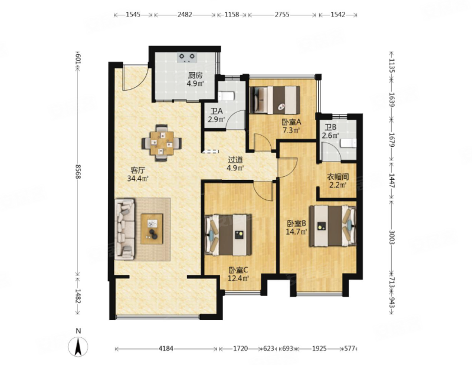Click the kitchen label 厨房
click(x=195, y=75)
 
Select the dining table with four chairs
click(x=162, y=143)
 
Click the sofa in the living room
click(x=124, y=228)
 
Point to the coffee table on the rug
click(x=152, y=229)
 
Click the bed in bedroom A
click(x=274, y=100)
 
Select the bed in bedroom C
click(x=228, y=235)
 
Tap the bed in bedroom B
click(x=333, y=226)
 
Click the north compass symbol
click(x=78, y=346)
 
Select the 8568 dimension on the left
click(x=78, y=172)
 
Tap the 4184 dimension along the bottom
click(x=166, y=348)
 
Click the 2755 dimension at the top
click(x=282, y=14)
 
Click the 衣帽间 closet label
click(x=337, y=177)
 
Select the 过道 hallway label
click(x=235, y=160)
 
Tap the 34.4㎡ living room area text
click(x=138, y=179)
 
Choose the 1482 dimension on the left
click(x=78, y=297)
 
